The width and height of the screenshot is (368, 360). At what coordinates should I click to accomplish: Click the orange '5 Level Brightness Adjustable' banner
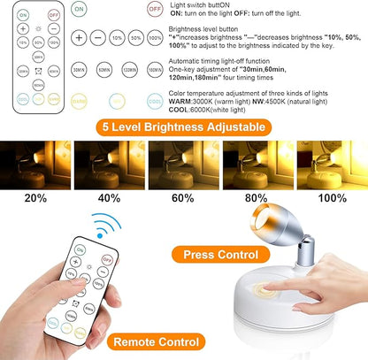pos(184,126)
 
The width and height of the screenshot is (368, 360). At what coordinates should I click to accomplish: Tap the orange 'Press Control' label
pos(221,255)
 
